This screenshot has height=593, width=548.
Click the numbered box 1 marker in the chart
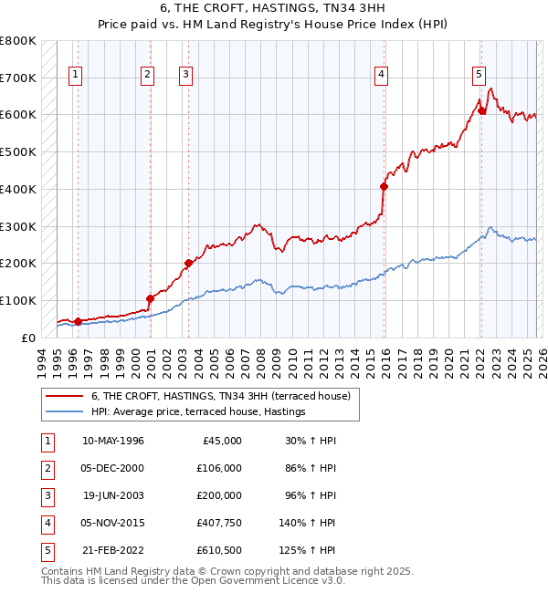pos(74,75)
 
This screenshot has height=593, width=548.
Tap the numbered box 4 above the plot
pos(381,75)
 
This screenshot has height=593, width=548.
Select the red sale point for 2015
pos(384,186)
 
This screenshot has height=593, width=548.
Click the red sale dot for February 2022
pos(481,110)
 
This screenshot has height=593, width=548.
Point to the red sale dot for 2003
pos(188,263)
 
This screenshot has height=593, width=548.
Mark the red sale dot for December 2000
pos(150,297)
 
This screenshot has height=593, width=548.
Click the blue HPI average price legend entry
pos(197,412)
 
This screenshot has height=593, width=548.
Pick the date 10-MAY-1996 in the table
pos(112,441)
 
